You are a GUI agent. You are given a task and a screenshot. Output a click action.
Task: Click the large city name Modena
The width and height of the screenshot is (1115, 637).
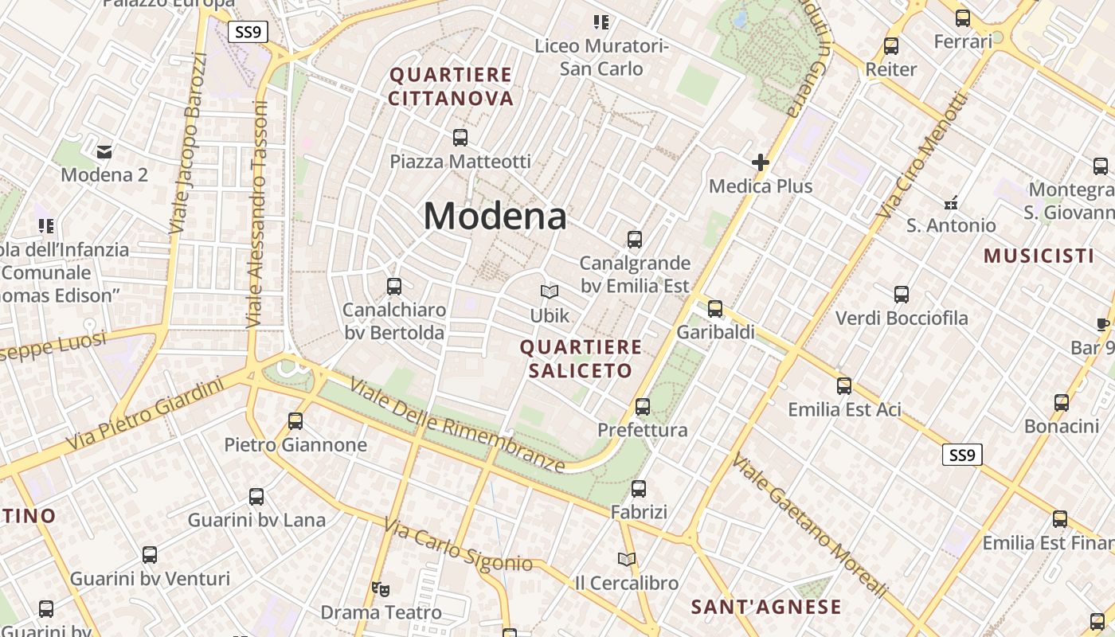click(495, 216)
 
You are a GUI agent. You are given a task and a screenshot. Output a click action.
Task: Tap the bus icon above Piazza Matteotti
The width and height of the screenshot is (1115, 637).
click(460, 137)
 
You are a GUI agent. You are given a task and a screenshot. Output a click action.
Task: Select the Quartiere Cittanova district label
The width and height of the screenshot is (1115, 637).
click(451, 87)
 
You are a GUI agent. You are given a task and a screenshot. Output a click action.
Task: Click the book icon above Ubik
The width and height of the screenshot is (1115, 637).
click(550, 291)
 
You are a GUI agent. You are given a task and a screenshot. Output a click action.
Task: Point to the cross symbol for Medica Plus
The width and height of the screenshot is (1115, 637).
click(761, 162)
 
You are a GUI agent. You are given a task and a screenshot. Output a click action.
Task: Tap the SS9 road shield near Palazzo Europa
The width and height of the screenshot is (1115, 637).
click(248, 33)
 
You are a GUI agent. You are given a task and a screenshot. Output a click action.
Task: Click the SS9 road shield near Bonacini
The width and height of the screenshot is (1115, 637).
click(962, 455)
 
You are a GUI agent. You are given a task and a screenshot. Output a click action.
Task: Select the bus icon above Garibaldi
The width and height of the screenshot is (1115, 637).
click(715, 308)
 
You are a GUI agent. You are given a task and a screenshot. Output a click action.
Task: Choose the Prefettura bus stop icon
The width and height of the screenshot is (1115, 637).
click(643, 407)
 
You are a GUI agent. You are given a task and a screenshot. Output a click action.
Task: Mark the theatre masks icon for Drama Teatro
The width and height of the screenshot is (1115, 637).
click(381, 589)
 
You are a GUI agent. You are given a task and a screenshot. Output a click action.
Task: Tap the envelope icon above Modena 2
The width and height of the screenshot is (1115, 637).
click(104, 151)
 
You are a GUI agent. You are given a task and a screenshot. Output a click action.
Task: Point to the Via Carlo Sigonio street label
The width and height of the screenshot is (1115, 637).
click(458, 545)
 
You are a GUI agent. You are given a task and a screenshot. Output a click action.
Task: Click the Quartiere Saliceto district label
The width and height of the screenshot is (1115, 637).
click(581, 358)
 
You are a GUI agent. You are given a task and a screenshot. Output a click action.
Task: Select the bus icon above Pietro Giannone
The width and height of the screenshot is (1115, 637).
click(295, 420)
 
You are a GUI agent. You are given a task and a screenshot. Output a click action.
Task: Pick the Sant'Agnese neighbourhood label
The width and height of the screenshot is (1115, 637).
click(766, 607)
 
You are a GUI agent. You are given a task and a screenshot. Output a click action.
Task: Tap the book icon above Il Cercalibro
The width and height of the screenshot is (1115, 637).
click(627, 559)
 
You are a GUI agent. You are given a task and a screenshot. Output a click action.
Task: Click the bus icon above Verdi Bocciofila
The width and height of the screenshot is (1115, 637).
click(902, 295)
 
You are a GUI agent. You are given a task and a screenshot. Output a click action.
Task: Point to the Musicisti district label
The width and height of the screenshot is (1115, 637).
click(1039, 256)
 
